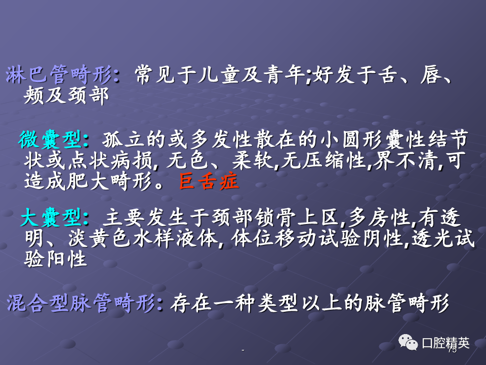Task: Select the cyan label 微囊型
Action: coord(51,140)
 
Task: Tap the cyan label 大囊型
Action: coord(52,217)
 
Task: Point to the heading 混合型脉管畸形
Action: coord(81,303)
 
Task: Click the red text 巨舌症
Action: coord(209,181)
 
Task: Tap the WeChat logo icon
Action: coord(408,342)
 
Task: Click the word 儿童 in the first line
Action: coord(219,75)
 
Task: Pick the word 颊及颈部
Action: coord(66,95)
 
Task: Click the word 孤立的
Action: coord(134,140)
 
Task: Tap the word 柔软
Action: coord(253,161)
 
